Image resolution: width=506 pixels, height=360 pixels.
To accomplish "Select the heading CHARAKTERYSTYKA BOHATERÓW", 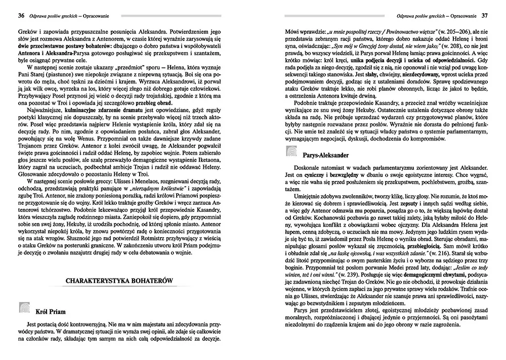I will coord(120,280).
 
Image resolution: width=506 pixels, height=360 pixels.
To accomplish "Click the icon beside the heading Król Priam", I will coord(24,308).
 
